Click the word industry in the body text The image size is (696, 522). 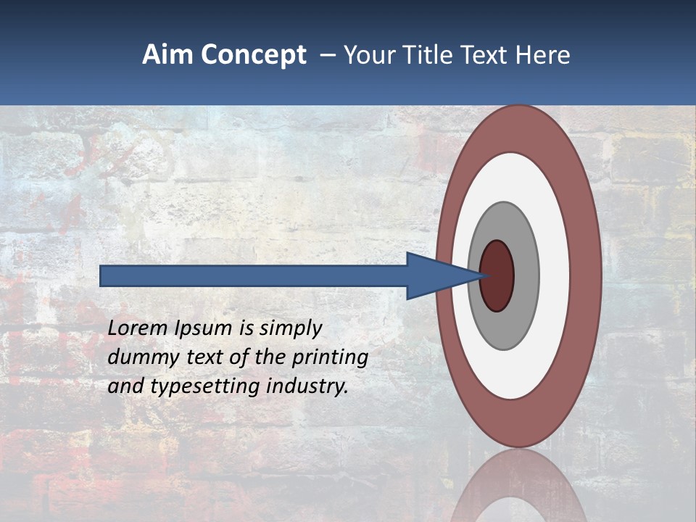coord(307,387)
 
